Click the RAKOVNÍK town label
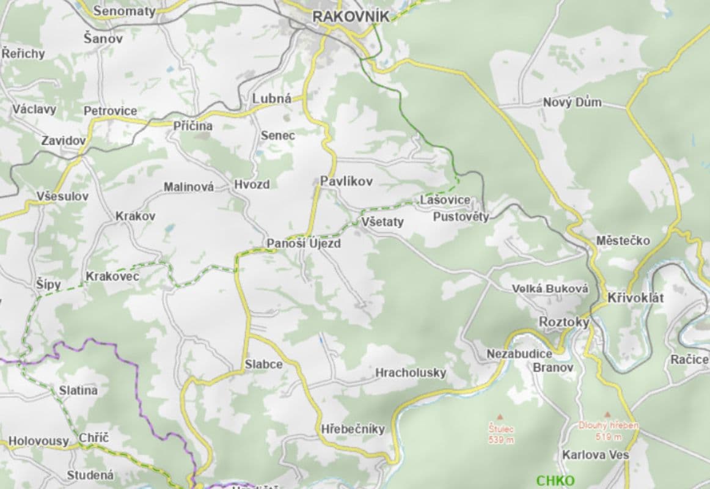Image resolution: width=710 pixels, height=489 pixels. pos(350,17)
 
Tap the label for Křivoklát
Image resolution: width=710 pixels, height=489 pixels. pos(635,298)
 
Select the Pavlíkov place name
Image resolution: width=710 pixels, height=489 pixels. pos(346,181)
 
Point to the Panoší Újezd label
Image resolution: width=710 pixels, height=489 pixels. pos(304,243)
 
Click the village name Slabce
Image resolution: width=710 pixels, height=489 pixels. pos(264,364)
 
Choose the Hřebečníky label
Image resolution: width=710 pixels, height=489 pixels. pos(353,429)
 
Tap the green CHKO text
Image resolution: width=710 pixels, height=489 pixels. pos(555,480)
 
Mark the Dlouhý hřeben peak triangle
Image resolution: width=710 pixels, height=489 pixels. pos(607,414)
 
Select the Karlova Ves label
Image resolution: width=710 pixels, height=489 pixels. pos(596,455)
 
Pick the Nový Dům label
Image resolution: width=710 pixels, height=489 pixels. pos(572,102)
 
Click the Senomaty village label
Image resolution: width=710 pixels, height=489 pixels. pos(125,11)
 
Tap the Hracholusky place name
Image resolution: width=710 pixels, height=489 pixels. pos(411,372)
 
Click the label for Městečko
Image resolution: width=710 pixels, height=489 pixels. pos(623,240)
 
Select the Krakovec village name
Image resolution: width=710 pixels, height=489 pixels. pos(112,276)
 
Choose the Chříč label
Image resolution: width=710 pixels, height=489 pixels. pos(93,438)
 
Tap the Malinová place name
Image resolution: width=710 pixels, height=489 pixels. pos(189,187)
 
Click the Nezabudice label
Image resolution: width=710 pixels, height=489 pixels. pos(519,353)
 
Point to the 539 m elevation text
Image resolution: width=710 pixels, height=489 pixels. pos(501,439)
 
